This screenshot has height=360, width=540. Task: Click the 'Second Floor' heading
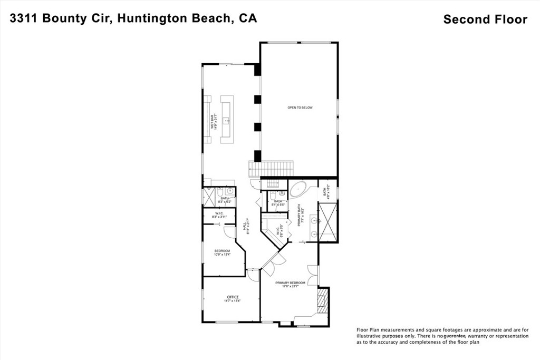tap(485, 20)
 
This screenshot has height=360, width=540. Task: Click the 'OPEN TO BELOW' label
tap(300, 108)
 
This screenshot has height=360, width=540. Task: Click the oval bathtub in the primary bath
tap(298, 188)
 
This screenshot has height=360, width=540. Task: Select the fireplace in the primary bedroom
tap(323, 301)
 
